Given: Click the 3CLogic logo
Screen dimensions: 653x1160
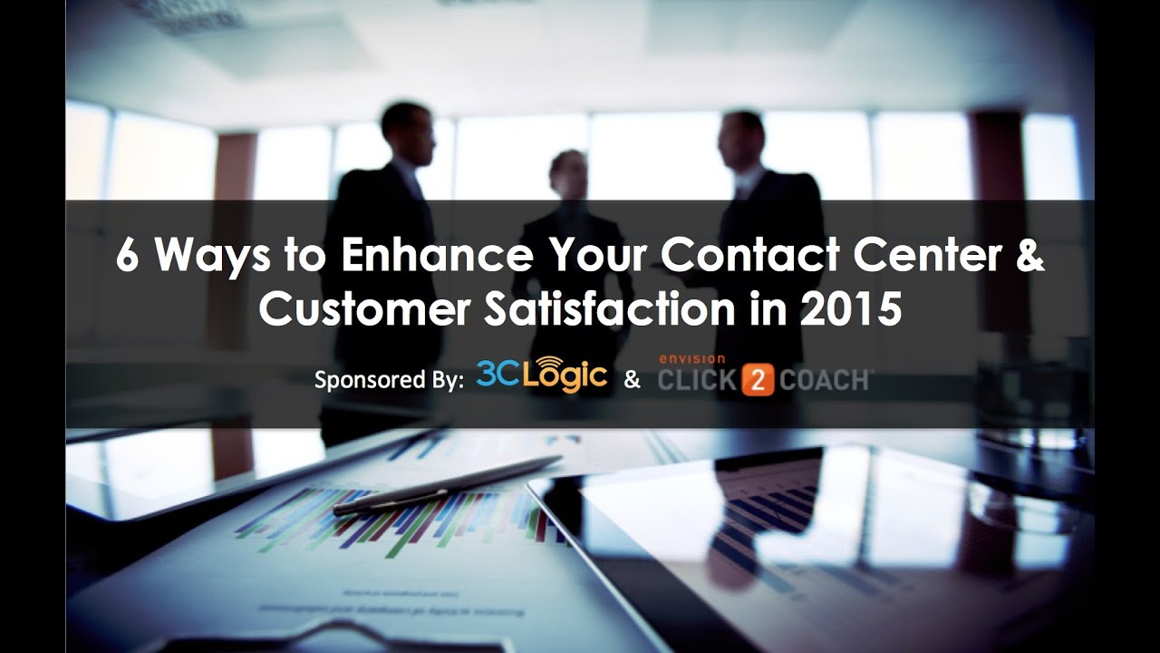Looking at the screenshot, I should click(x=541, y=374).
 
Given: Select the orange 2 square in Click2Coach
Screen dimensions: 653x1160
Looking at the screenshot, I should click(x=757, y=382).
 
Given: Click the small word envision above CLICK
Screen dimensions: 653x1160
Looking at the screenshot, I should click(x=691, y=359).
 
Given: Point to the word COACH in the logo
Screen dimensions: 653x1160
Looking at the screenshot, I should click(x=822, y=382).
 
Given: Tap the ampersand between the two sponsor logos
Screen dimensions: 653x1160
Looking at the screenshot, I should click(x=632, y=380).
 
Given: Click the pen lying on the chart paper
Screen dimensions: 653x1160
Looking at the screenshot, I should click(x=448, y=485).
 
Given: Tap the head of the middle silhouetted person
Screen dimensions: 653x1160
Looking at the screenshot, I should click(x=568, y=172).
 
